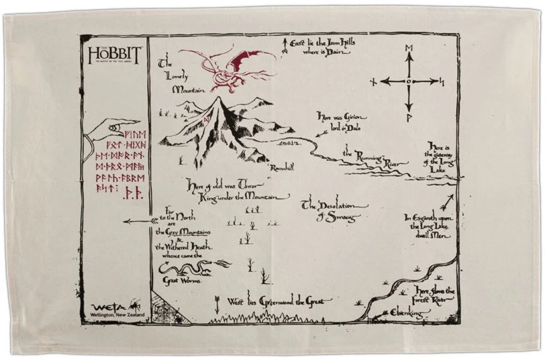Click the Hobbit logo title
point(114,55)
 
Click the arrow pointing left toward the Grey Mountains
point(136,221)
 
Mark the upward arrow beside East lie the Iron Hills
point(284,45)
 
